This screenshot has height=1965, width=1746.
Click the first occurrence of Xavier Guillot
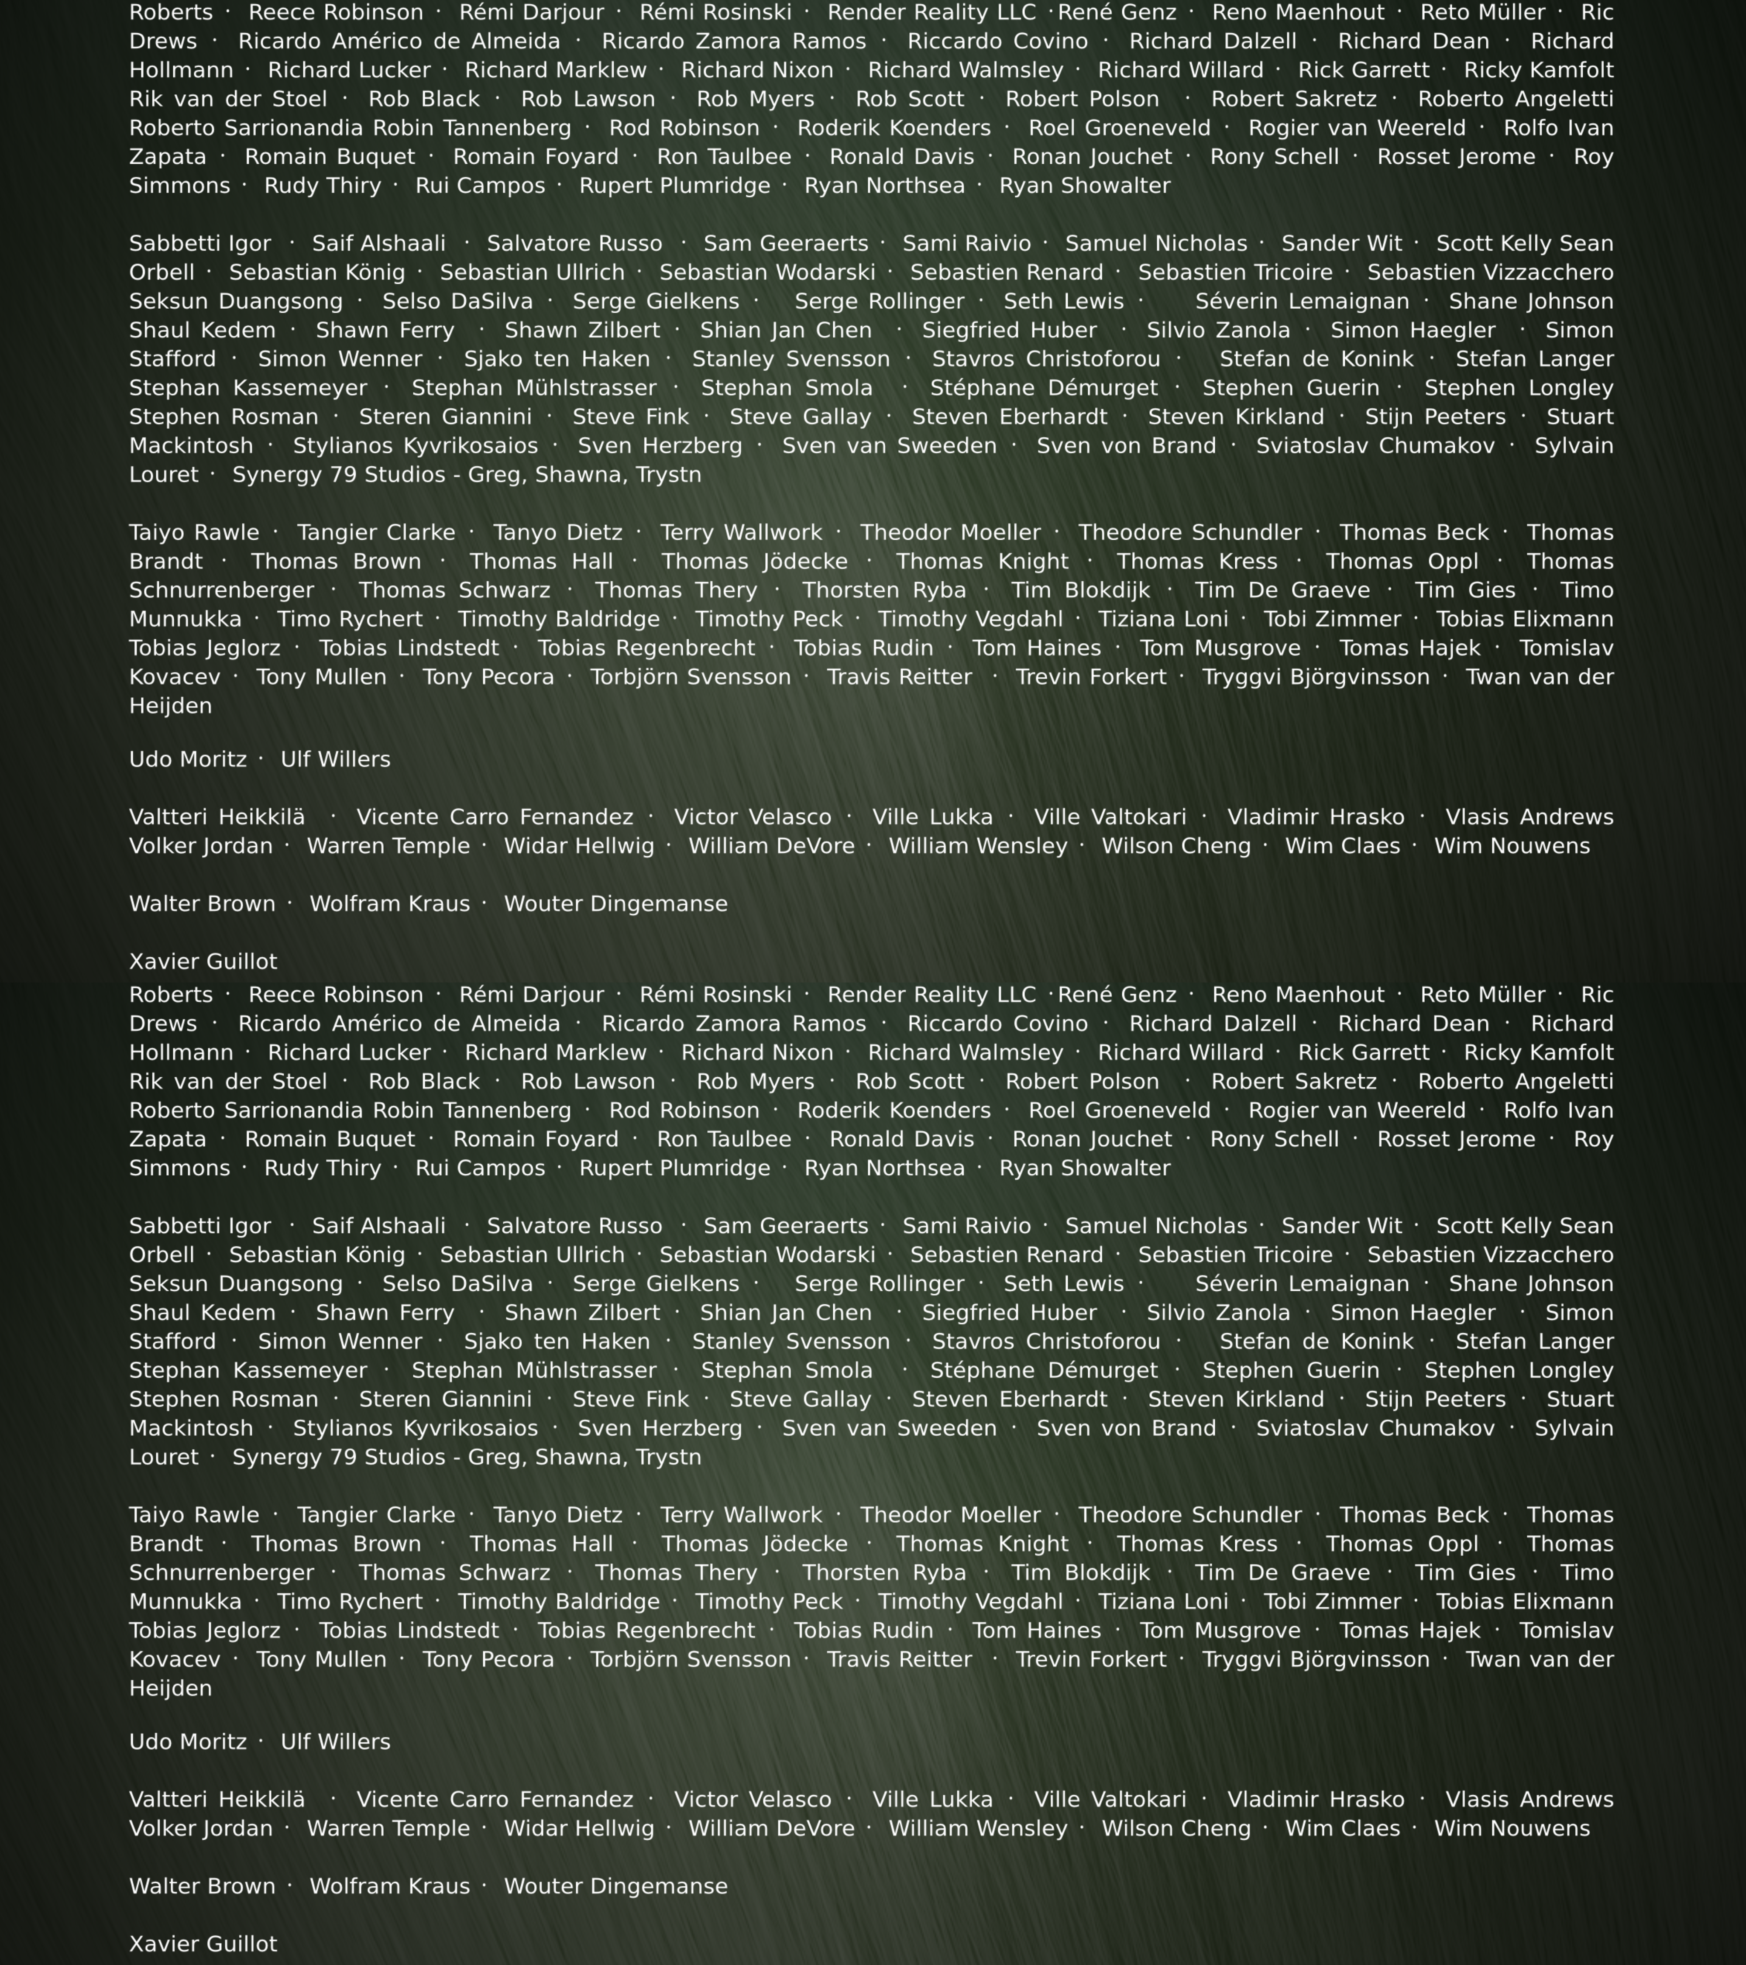(x=203, y=962)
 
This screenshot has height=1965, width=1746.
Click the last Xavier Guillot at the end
(x=203, y=1944)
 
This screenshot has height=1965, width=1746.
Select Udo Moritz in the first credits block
(x=187, y=759)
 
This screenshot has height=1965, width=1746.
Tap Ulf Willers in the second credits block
(x=335, y=1742)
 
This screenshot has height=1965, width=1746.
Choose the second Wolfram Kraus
(x=389, y=1886)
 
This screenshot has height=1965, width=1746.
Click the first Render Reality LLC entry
(x=931, y=13)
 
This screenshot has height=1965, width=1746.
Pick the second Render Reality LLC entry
(x=931, y=995)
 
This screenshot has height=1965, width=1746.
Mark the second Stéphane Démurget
(x=1044, y=1371)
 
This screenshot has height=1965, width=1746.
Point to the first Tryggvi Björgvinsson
(x=1316, y=677)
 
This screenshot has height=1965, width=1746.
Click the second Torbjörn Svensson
(x=690, y=1659)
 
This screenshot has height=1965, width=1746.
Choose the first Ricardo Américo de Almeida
(x=399, y=41)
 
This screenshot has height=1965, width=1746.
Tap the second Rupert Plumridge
(x=674, y=1168)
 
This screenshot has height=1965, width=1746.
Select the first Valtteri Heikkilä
(x=217, y=817)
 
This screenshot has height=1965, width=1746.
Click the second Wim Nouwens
(x=1512, y=1828)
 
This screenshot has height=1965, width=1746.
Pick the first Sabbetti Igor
(x=200, y=244)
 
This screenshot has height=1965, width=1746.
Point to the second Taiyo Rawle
(x=194, y=1515)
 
